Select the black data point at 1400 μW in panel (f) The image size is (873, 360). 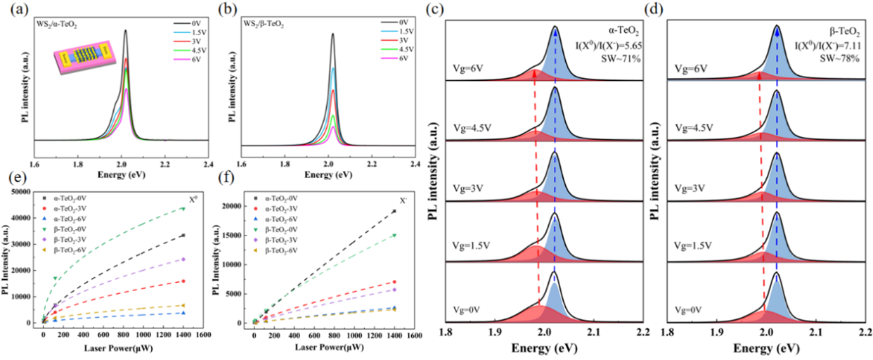[394, 211]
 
